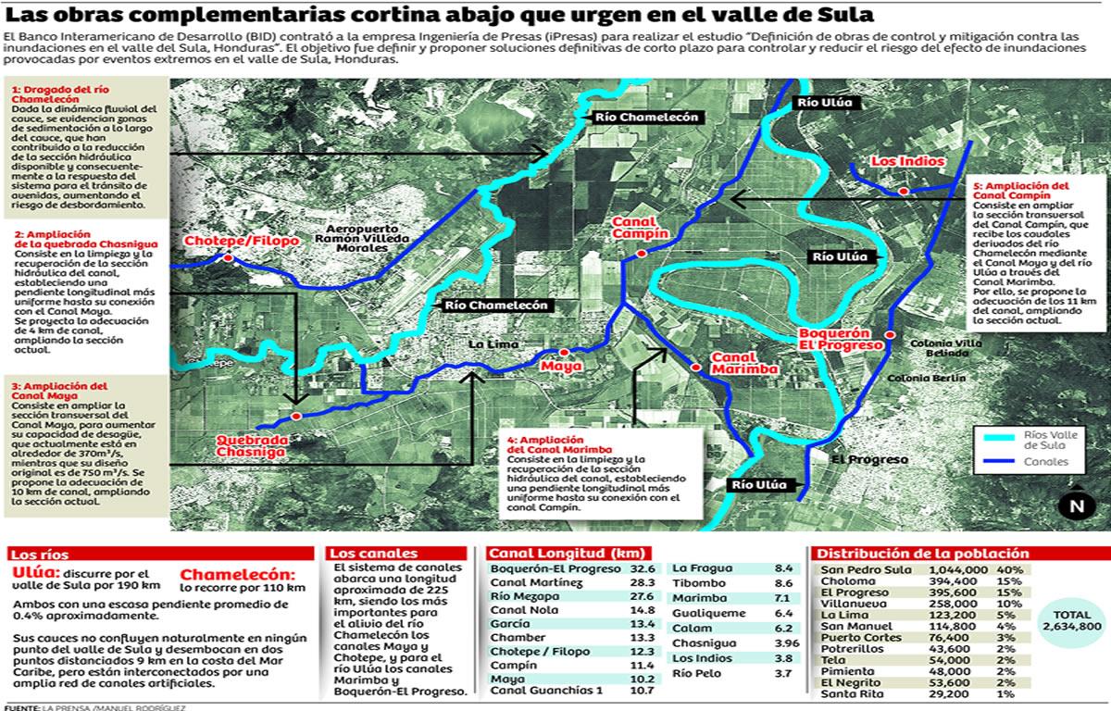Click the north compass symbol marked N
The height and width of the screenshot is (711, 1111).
coord(1076,506)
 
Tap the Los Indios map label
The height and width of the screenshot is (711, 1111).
coord(907,162)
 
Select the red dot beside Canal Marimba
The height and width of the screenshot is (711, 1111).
coord(694,368)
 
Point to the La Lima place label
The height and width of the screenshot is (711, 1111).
coord(491,345)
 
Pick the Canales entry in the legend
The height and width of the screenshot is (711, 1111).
coord(1046,462)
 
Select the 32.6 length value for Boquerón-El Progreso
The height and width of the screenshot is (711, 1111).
coord(643,568)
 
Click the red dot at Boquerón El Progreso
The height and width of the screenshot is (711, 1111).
coord(890,334)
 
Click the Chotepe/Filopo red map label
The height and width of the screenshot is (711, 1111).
coord(241,242)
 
